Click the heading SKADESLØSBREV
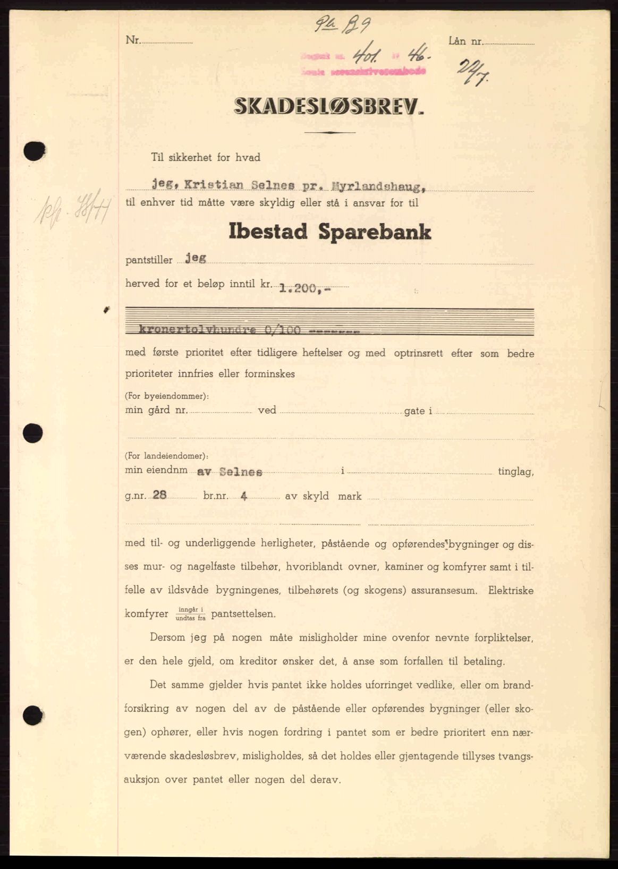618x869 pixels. pyautogui.click(x=329, y=107)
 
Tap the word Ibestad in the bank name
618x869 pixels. pyautogui.click(x=268, y=232)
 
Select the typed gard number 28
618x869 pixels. pyautogui.click(x=159, y=495)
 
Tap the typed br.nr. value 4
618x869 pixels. pyautogui.click(x=244, y=496)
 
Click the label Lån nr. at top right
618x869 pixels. pyautogui.click(x=464, y=40)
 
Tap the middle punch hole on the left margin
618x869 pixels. pyautogui.click(x=33, y=432)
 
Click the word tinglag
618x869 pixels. pyautogui.click(x=515, y=472)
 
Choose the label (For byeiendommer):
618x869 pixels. pyautogui.click(x=167, y=396)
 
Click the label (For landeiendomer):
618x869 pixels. pyautogui.click(x=167, y=456)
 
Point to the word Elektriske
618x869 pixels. pyautogui.click(x=511, y=590)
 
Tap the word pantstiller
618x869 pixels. pyautogui.click(x=149, y=260)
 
